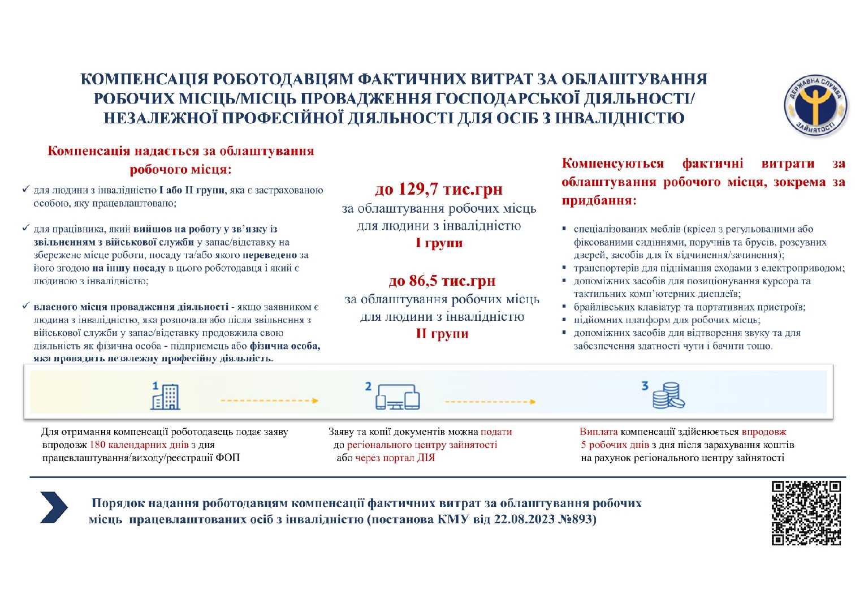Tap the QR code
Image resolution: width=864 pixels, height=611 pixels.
click(x=806, y=513)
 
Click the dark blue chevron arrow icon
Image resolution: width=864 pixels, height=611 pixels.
click(x=54, y=506)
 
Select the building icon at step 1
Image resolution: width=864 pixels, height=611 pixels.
click(x=165, y=395)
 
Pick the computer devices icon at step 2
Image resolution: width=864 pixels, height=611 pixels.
click(x=398, y=397)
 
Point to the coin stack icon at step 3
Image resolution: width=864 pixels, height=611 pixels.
click(x=668, y=395)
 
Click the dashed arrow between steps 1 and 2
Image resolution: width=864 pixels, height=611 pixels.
click(x=269, y=401)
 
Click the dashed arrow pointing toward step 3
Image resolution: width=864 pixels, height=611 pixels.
click(x=490, y=402)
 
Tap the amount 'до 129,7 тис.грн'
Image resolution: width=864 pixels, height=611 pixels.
click(x=438, y=189)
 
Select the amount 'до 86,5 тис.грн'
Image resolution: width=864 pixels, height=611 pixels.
click(x=442, y=281)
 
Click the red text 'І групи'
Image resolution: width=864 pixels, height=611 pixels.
click(x=439, y=243)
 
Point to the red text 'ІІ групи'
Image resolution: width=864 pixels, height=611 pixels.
click(x=442, y=334)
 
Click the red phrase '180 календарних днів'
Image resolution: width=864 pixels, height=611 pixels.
click(x=139, y=445)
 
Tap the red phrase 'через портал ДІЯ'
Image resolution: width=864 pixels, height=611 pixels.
click(x=395, y=458)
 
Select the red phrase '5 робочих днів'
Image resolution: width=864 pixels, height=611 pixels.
click(x=615, y=445)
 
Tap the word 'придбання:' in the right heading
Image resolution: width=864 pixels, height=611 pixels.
click(x=599, y=201)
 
